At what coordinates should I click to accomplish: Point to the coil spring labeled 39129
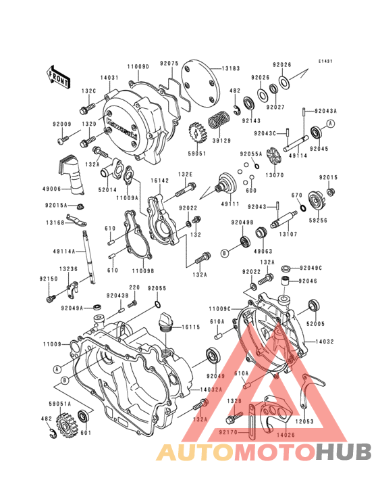(218, 122)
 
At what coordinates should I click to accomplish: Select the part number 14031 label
(110, 78)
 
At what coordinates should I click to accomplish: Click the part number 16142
(159, 181)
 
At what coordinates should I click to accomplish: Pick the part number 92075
(169, 63)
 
